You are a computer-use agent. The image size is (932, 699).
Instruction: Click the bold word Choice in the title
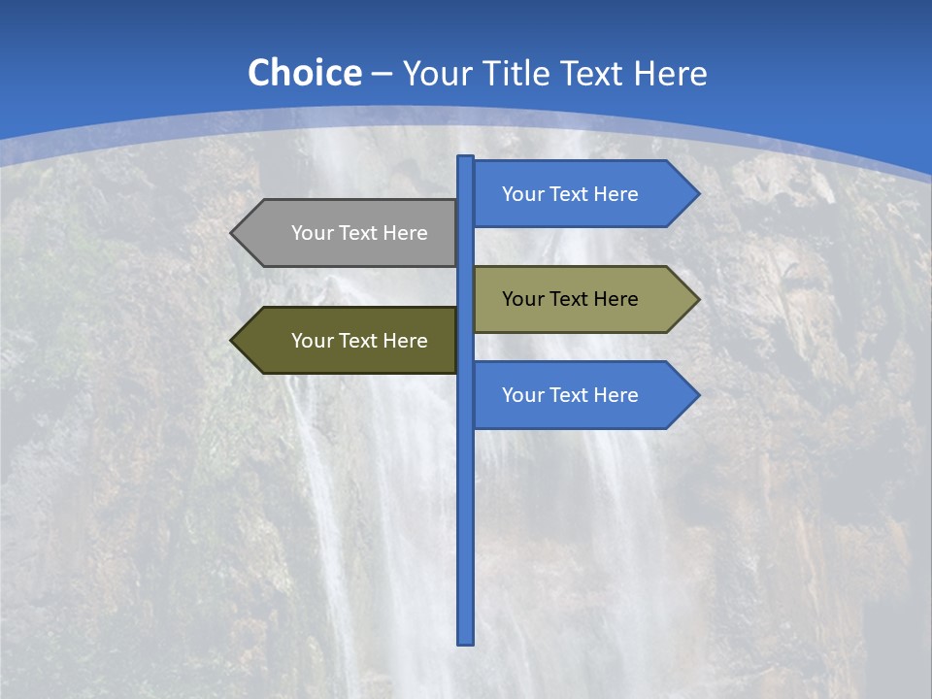tap(304, 74)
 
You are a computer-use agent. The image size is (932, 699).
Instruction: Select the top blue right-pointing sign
tap(582, 194)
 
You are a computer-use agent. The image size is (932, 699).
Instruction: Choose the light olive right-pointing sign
tap(582, 299)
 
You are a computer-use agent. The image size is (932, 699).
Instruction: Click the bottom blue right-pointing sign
tap(582, 395)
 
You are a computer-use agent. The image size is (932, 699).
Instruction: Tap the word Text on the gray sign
tap(359, 233)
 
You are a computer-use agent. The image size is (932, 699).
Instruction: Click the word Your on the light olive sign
tap(522, 299)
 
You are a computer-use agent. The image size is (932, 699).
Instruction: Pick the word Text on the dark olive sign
tap(359, 341)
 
